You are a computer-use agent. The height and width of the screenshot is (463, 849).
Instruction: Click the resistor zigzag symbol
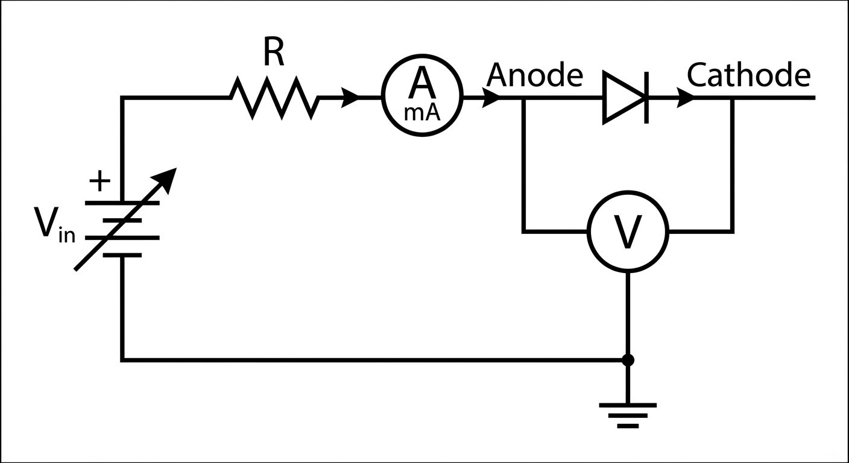[274, 98]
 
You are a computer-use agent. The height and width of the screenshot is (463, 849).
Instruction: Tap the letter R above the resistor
[273, 55]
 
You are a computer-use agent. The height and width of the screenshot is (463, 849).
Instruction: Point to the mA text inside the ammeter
[422, 112]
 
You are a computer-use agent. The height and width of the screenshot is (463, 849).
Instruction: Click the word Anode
[535, 75]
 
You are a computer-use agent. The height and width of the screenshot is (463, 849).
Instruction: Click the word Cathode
[748, 75]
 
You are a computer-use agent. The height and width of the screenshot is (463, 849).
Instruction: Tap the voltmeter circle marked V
[628, 231]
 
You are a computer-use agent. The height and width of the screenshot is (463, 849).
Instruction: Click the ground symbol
[628, 414]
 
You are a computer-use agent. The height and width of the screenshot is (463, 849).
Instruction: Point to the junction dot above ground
[628, 361]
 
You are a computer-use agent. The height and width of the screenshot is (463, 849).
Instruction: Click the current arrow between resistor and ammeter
[350, 98]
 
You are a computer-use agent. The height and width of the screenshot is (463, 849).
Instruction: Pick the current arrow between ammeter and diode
[491, 98]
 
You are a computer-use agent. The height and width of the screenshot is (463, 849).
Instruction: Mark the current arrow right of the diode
[685, 98]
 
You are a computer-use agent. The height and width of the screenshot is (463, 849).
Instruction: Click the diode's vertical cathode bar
[646, 98]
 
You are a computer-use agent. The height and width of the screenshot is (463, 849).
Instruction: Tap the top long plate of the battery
[122, 203]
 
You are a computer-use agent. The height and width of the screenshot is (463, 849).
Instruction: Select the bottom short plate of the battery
[122, 255]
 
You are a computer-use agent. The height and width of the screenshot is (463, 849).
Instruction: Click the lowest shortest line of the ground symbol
[628, 426]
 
